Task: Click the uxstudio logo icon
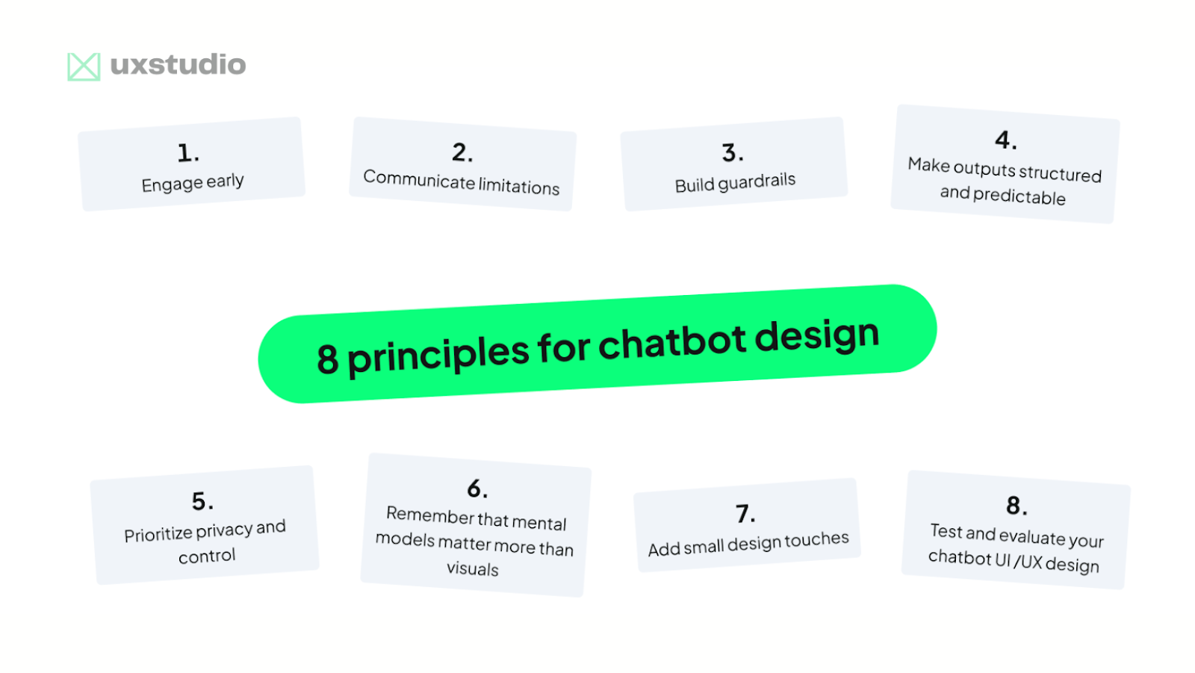point(84,66)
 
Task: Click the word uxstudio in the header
point(178,65)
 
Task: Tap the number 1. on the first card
point(188,153)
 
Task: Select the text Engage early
point(193,183)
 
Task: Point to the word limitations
point(519,185)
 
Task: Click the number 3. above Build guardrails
point(733,153)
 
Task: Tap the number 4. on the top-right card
point(1006,140)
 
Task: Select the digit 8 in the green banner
point(327,359)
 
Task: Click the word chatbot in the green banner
point(671,342)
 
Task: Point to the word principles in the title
point(438,355)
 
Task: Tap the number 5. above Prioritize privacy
point(202,501)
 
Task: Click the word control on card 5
point(207,556)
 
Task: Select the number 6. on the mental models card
point(477,489)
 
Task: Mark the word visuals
point(473,568)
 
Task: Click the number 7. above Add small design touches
point(745,514)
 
